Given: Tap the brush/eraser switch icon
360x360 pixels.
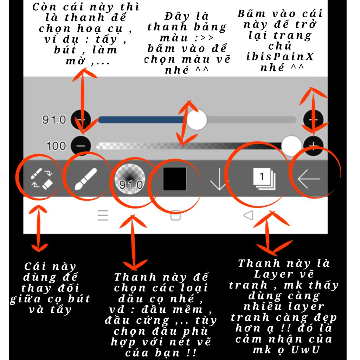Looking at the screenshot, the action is click(41, 179).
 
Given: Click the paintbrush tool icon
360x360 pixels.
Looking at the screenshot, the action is click(86, 179).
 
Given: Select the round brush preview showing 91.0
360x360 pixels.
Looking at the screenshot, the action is click(130, 179).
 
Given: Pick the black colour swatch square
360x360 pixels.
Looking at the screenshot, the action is click(174, 179).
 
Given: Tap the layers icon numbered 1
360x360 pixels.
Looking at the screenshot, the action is click(264, 179).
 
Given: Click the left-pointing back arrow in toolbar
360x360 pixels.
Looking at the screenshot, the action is click(309, 179).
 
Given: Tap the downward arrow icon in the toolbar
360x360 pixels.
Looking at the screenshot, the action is click(219, 179).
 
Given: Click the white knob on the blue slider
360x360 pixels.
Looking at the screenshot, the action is click(197, 120).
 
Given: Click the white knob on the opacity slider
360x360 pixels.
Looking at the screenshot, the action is click(291, 146).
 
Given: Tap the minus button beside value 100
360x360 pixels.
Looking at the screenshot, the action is click(81, 146).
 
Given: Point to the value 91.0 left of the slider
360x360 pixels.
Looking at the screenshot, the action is click(54, 120).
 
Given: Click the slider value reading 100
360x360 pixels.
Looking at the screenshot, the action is click(56, 146).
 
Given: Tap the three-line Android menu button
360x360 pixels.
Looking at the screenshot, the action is click(103, 216).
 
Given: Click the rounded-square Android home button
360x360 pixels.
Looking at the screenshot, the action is click(176, 216).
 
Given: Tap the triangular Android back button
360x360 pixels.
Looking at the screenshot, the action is click(249, 216).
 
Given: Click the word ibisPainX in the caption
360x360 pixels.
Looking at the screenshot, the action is click(280, 57).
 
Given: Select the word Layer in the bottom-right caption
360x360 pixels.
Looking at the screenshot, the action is click(274, 274).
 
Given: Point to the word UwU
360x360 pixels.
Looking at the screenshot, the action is click(306, 350).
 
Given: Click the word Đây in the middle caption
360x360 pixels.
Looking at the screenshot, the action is click(177, 16).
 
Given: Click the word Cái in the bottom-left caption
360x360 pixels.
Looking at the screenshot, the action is click(36, 266).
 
